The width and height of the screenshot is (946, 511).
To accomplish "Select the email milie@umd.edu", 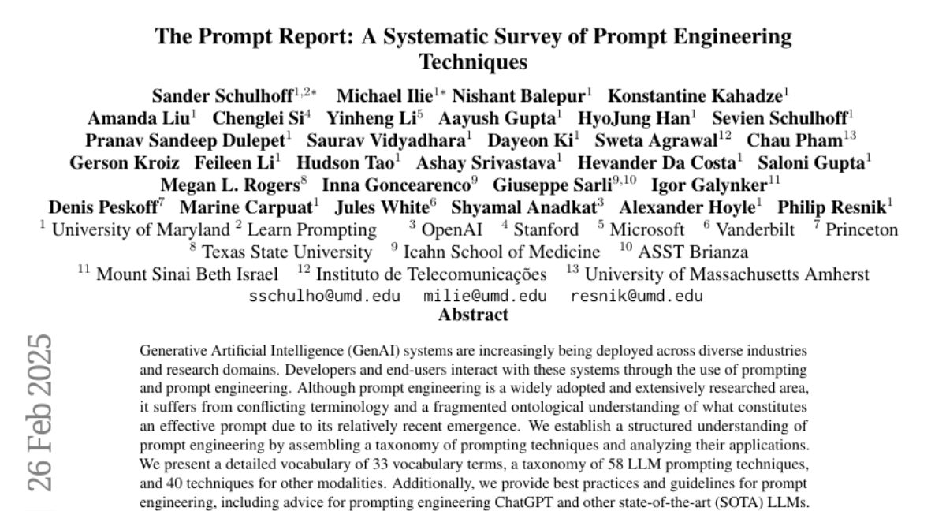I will (485, 297).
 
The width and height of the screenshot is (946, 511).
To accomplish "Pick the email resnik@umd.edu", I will (636, 297).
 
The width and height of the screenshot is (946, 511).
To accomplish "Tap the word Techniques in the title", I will (473, 60).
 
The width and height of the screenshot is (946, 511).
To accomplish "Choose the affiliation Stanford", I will (546, 230).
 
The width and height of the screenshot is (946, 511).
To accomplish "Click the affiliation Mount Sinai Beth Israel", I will (187, 275).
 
